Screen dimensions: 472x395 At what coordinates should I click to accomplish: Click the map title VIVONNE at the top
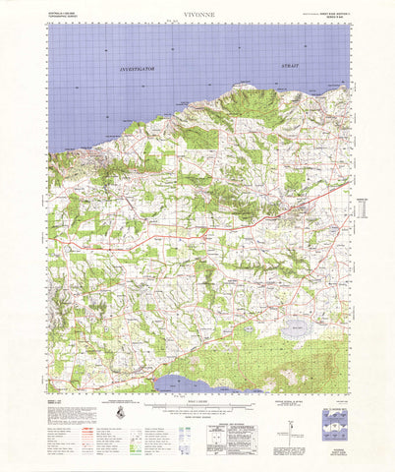tap(197, 15)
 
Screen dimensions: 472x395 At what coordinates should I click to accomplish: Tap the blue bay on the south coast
tap(183, 383)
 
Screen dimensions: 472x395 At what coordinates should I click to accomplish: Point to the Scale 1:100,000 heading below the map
tap(197, 399)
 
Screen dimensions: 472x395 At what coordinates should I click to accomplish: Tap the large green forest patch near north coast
tap(202, 138)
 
